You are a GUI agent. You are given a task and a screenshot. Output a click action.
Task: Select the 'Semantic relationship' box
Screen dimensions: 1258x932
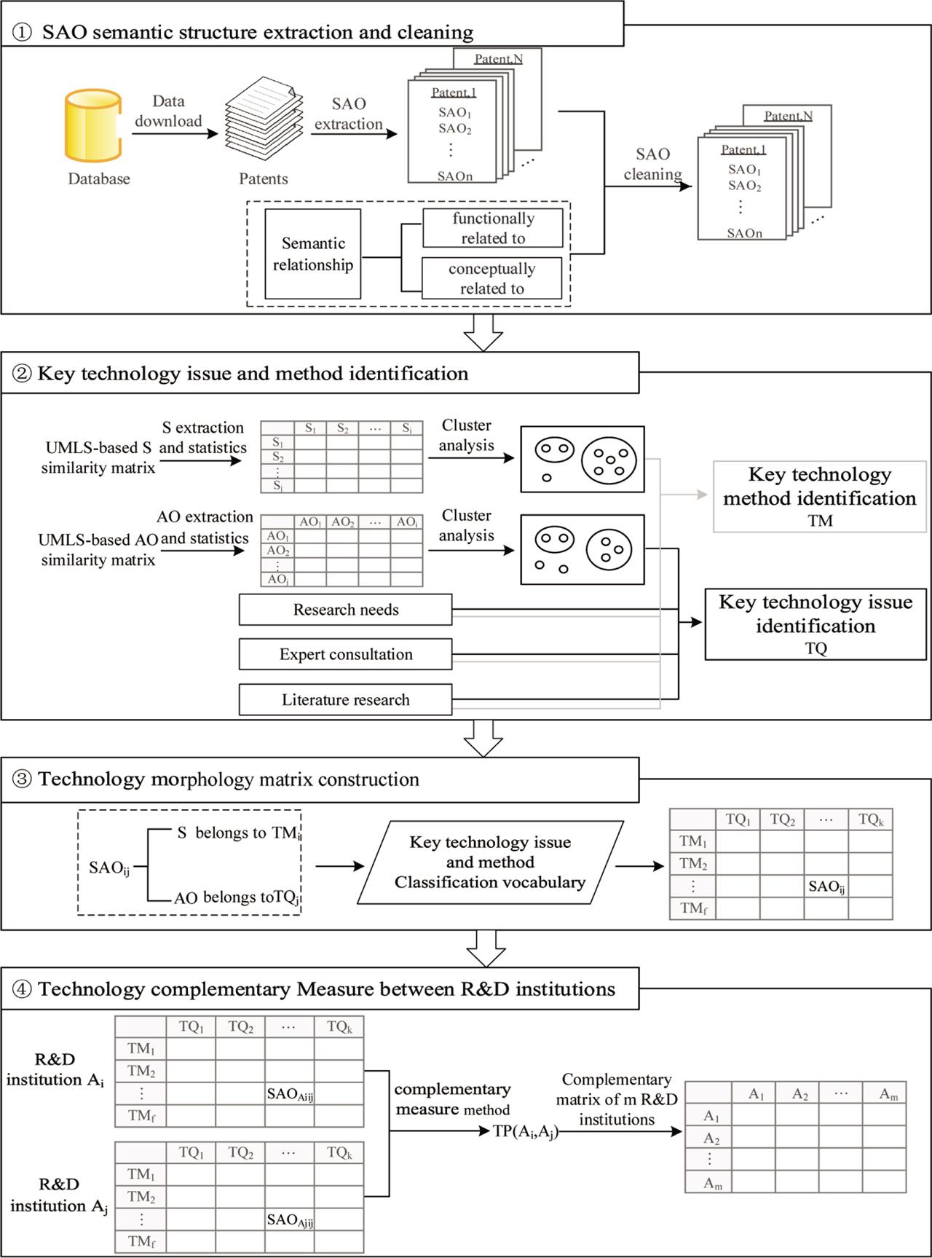click(313, 254)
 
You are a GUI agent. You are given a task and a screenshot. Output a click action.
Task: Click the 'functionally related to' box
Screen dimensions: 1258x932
click(493, 228)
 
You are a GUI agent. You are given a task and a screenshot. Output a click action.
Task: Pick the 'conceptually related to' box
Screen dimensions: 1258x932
click(492, 278)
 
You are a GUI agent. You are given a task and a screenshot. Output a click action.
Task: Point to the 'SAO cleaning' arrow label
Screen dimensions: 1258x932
click(652, 164)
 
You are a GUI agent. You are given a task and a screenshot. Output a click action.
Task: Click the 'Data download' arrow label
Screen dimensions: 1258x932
click(168, 111)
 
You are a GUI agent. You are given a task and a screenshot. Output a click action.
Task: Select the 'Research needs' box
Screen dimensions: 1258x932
click(345, 610)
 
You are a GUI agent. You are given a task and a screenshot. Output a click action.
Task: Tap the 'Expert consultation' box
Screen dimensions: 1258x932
click(345, 654)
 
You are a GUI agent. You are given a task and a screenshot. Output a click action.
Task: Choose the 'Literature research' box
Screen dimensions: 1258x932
click(345, 699)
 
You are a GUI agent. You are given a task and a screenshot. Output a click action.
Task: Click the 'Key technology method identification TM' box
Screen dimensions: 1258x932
click(820, 497)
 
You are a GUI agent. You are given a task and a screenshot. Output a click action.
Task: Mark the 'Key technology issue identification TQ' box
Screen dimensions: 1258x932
click(815, 624)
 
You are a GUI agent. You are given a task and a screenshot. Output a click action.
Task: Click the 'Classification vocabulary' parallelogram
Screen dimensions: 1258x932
click(490, 862)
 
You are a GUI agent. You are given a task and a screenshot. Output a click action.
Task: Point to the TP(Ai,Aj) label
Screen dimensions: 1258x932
click(526, 1132)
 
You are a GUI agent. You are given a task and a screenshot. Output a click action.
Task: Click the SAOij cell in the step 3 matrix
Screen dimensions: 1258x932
click(826, 887)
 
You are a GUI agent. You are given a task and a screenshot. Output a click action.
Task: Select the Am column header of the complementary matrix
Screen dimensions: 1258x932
click(888, 1094)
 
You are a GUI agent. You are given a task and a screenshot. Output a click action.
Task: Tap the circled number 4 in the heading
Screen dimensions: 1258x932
click(23, 989)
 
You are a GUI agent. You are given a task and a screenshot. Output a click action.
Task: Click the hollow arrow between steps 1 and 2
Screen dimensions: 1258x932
click(483, 333)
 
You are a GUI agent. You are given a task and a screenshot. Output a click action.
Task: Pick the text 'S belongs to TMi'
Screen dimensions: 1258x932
click(239, 833)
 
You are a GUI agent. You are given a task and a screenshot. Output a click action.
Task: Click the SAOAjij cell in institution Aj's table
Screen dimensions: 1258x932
click(290, 1219)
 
